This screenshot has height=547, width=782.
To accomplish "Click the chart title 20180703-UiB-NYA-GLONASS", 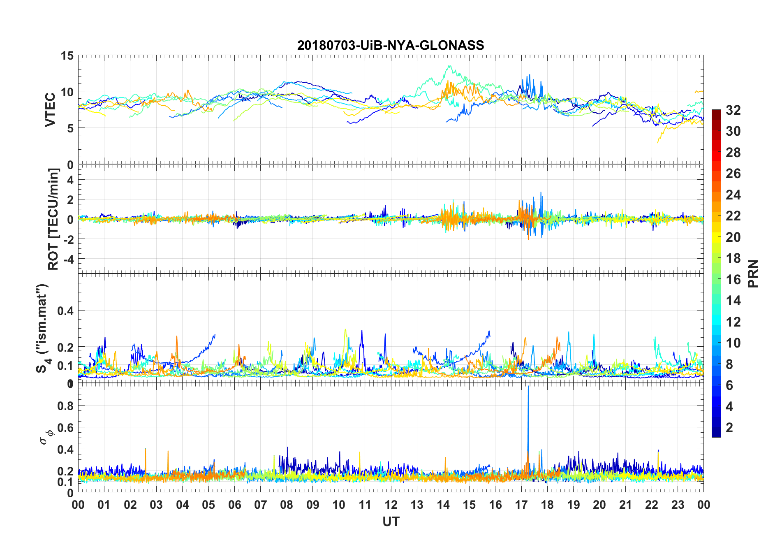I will click(x=391, y=45).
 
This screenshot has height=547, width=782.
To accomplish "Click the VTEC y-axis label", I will click(x=50, y=110).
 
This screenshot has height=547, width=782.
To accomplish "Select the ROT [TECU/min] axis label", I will click(x=53, y=219).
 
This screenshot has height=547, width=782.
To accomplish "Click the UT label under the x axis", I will click(x=391, y=522).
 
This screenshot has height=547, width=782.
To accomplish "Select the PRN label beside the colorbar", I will click(x=753, y=273).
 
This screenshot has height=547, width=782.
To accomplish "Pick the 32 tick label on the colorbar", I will click(x=733, y=110).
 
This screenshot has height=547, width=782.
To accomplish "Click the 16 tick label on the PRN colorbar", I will click(x=733, y=280).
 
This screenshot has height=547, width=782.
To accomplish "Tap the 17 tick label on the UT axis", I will click(x=521, y=505).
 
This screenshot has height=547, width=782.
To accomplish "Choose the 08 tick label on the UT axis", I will click(x=287, y=505).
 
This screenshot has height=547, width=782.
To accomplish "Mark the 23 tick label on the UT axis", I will click(x=678, y=505).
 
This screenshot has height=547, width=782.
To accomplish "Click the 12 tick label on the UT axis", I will click(x=391, y=505).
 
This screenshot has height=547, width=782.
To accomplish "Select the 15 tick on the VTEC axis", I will click(x=67, y=56).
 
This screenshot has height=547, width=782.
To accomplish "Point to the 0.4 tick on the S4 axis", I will click(x=65, y=311).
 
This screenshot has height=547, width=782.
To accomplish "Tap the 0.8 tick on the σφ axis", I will click(x=65, y=406).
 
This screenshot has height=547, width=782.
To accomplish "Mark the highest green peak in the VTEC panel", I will click(x=449, y=66).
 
